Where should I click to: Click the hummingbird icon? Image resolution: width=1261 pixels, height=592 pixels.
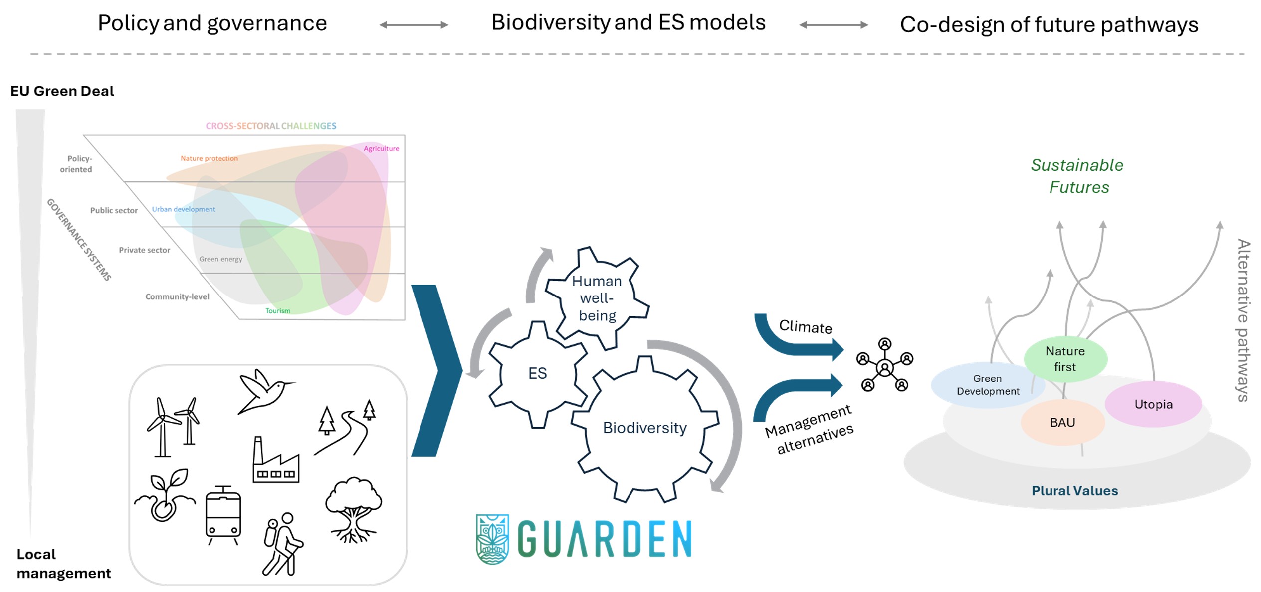tap(264, 392)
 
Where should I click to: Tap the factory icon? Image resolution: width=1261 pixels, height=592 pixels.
tap(275, 461)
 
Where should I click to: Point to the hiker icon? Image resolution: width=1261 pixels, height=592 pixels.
tap(283, 544)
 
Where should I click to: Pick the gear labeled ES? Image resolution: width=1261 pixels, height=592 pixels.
tap(537, 373)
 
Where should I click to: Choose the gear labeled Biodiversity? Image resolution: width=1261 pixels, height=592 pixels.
tap(644, 428)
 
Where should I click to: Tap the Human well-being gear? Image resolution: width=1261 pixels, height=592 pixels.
tap(597, 298)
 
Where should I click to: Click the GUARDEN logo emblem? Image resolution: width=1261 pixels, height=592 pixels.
tap(492, 539)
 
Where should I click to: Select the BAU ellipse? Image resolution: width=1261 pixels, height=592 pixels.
tap(1062, 423)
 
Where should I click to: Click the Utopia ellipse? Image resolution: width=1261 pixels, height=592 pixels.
tap(1153, 404)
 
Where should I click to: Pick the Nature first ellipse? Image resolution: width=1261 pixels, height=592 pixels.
tap(1065, 359)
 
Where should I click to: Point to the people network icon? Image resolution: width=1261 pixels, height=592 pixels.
tap(884, 365)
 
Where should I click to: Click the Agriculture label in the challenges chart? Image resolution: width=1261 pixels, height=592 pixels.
tap(381, 149)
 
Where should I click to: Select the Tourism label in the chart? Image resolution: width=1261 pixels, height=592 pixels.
tap(278, 311)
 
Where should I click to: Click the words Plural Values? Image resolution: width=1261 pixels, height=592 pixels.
tap(1074, 491)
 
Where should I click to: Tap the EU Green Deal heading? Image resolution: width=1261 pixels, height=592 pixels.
tap(62, 91)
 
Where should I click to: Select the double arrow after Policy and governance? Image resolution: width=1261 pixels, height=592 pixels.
tap(414, 25)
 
